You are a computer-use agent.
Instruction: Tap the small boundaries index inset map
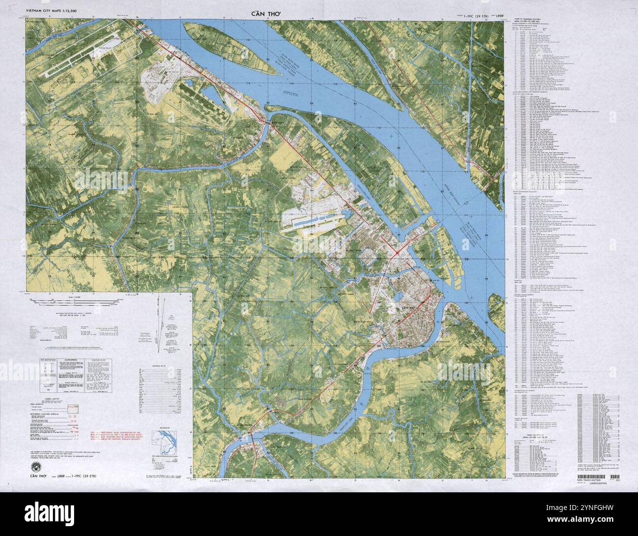[169, 436]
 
